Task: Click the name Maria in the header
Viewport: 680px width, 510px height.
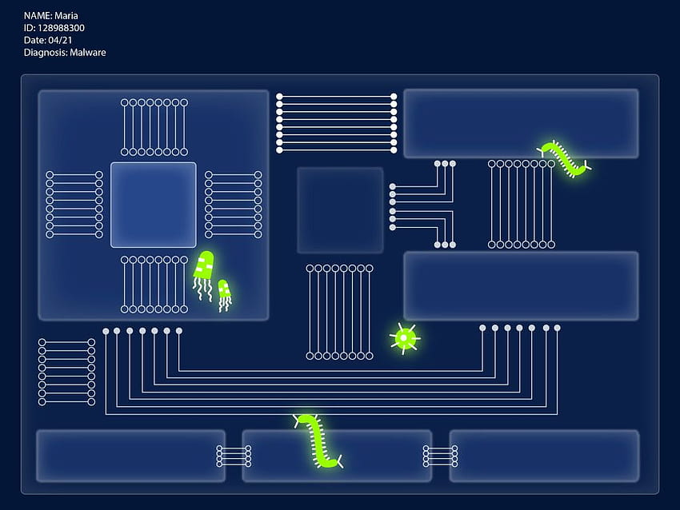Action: pyautogui.click(x=66, y=16)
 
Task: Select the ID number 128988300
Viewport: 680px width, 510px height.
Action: pyautogui.click(x=61, y=28)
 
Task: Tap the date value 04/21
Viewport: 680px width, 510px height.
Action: pyautogui.click(x=60, y=40)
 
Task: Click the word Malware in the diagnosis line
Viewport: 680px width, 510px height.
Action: pyautogui.click(x=88, y=53)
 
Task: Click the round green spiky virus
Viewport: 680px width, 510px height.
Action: pyautogui.click(x=404, y=337)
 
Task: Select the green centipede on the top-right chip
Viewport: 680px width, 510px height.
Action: pyautogui.click(x=564, y=158)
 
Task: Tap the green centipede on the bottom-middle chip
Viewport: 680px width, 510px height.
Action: pyautogui.click(x=318, y=442)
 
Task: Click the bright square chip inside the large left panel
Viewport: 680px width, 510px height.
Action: pyautogui.click(x=154, y=205)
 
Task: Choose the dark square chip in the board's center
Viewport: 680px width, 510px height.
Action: pyautogui.click(x=340, y=210)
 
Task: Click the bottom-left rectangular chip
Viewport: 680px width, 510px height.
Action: pyautogui.click(x=130, y=456)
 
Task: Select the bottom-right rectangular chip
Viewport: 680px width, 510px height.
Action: pyautogui.click(x=544, y=456)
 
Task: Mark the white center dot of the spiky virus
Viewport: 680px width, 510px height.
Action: pyautogui.click(x=404, y=337)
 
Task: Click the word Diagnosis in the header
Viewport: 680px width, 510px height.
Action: pyautogui.click(x=44, y=53)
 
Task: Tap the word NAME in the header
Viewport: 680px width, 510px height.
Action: pyautogui.click(x=37, y=16)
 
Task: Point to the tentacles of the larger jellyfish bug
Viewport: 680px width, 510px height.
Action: pyautogui.click(x=202, y=289)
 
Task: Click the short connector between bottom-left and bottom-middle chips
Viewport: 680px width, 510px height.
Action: pyautogui.click(x=234, y=456)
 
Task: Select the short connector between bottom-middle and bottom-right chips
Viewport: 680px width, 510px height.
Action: pyautogui.click(x=440, y=456)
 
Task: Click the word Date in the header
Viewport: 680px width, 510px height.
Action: pyautogui.click(x=34, y=40)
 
